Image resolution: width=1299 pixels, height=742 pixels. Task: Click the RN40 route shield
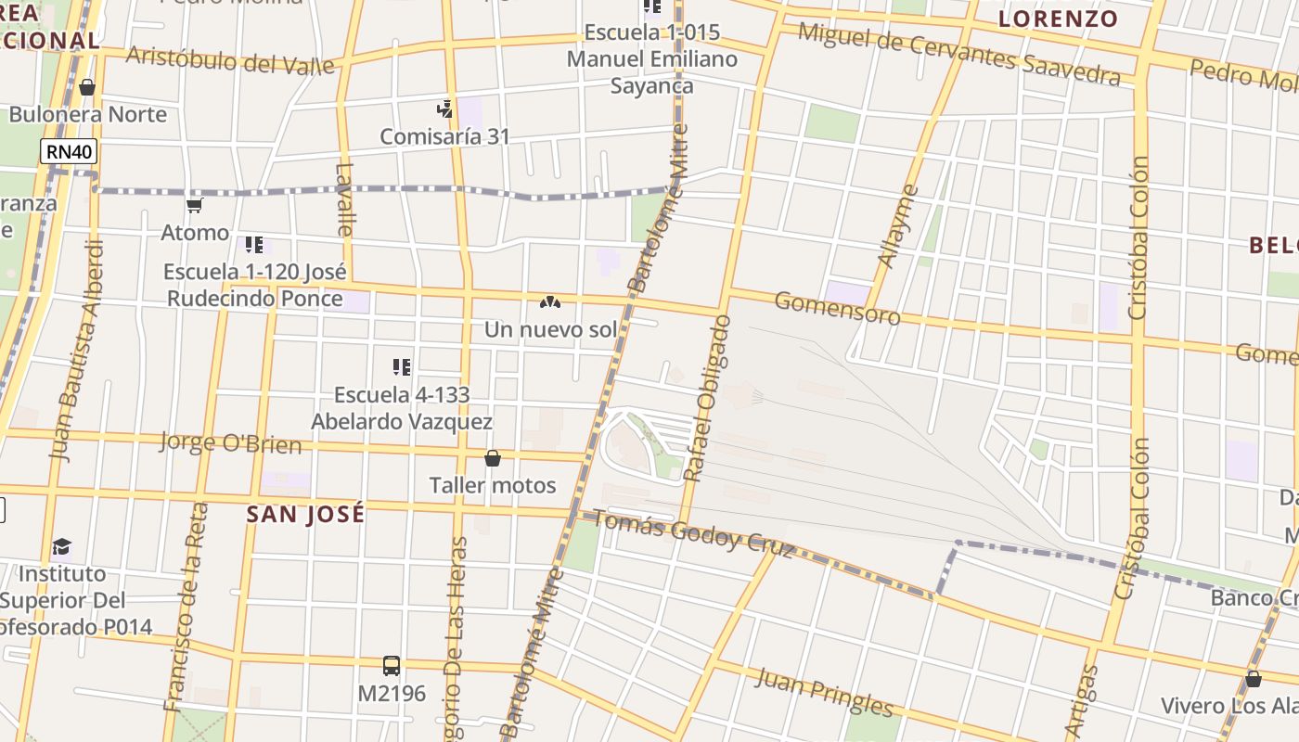69,152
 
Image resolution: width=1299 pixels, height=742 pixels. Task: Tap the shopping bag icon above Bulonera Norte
87,87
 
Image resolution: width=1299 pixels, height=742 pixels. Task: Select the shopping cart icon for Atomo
195,205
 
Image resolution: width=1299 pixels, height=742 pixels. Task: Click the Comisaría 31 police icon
445,109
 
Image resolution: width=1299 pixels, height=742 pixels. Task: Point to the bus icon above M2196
392,665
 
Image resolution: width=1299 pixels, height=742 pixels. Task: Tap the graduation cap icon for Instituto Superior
61,546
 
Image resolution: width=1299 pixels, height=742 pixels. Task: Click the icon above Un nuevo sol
550,302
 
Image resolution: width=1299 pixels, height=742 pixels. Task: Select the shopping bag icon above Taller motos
493,458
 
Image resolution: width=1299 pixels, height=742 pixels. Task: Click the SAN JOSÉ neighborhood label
305,515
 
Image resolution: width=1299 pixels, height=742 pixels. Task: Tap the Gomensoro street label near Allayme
837,308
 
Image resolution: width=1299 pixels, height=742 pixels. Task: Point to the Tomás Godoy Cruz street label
693,533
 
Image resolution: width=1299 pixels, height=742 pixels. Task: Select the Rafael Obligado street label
707,399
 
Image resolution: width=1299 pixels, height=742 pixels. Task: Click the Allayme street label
897,226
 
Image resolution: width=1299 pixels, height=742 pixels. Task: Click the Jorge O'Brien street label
230,442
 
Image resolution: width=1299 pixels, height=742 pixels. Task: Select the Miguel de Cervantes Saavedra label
959,53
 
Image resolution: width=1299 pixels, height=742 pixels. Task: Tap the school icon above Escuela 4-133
402,367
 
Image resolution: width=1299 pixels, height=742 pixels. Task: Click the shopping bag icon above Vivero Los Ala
1254,679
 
